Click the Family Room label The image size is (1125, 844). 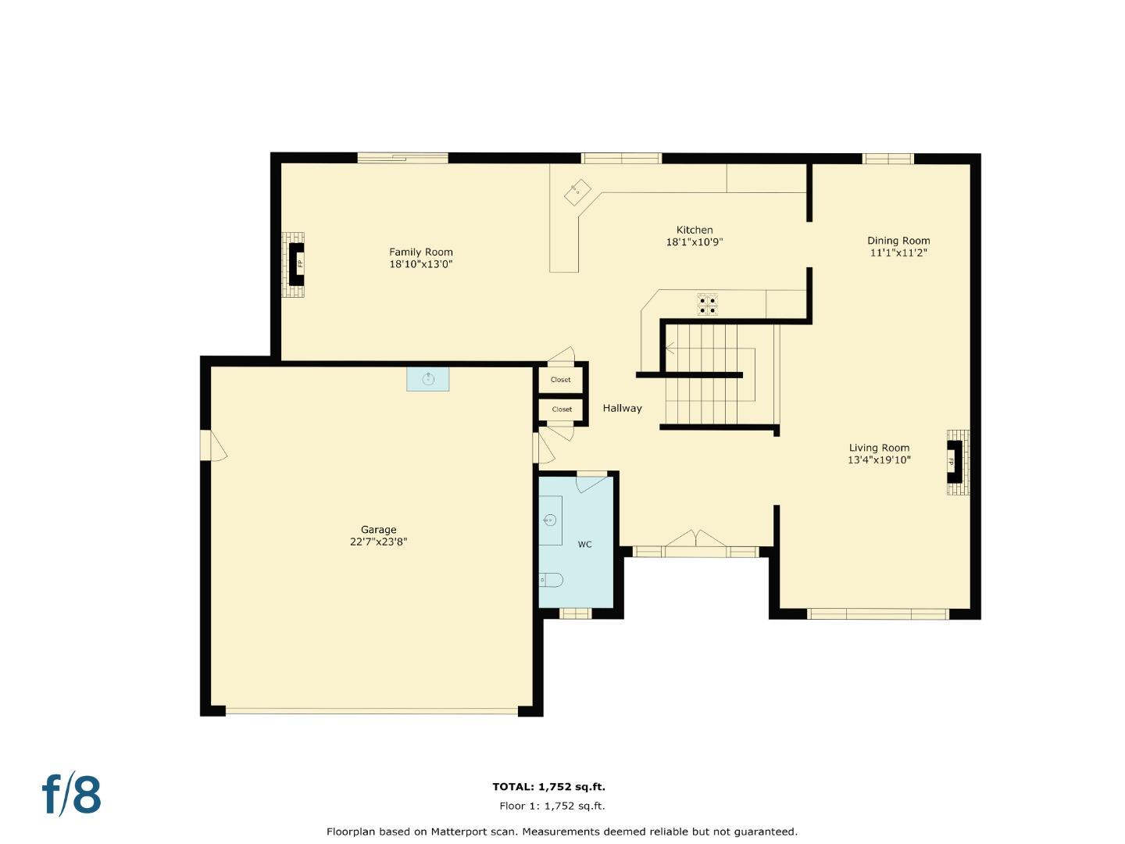click(x=421, y=252)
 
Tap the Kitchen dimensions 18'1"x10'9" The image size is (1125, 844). click(x=694, y=242)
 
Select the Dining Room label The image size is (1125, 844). click(x=898, y=241)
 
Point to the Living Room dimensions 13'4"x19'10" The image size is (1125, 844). click(x=879, y=460)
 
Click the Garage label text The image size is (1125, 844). click(x=378, y=529)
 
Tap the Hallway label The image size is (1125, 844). click(x=622, y=408)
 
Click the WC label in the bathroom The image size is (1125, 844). click(x=584, y=545)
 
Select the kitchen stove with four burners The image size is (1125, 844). click(x=707, y=304)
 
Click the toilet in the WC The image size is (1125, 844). click(x=551, y=580)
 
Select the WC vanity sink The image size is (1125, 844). click(x=550, y=520)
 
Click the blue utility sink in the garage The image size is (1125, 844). click(x=427, y=379)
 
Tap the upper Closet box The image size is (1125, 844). click(x=560, y=380)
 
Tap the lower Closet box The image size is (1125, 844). click(x=561, y=409)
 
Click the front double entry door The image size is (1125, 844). click(x=695, y=542)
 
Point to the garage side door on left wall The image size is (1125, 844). click(x=212, y=445)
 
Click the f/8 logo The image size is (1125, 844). click(x=71, y=795)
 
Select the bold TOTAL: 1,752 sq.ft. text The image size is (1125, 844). click(x=548, y=787)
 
